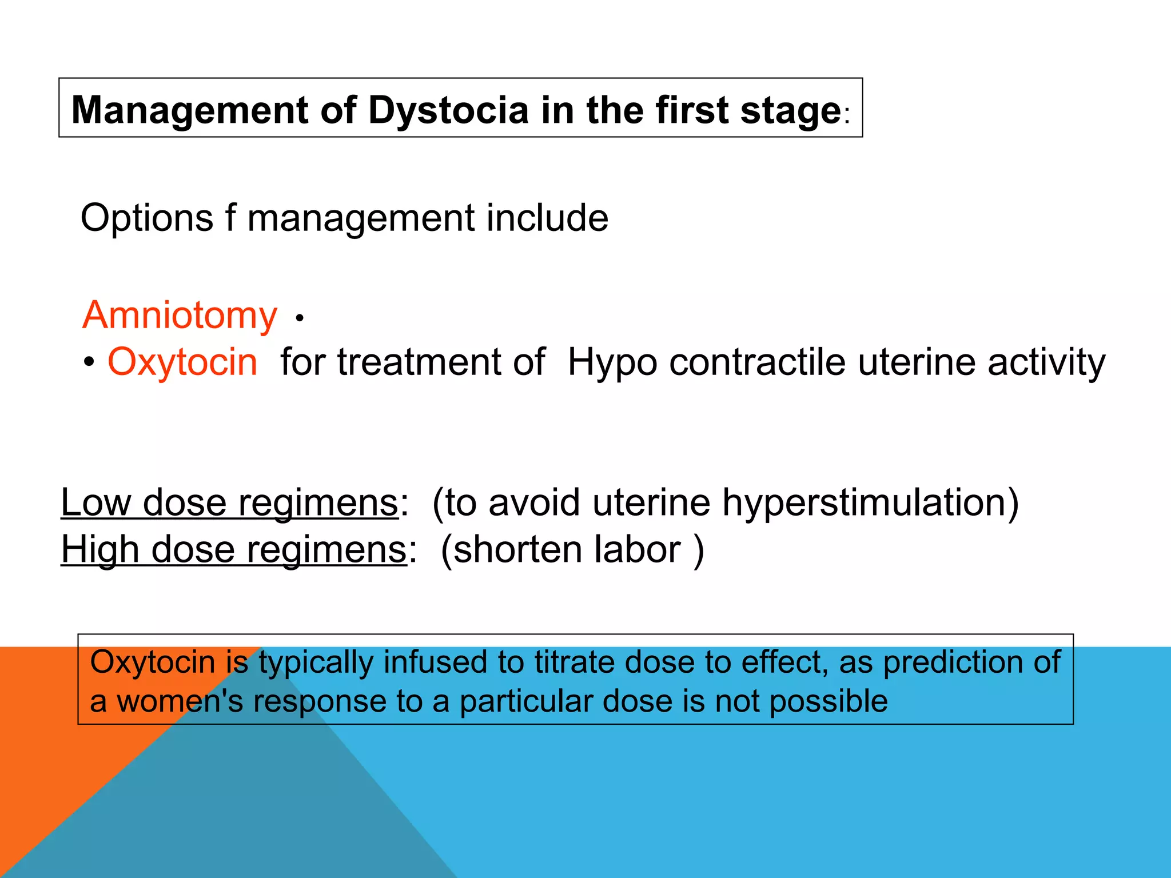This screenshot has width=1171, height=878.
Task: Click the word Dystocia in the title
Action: [x=448, y=110]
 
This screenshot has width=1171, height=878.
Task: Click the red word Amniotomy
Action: [x=180, y=315]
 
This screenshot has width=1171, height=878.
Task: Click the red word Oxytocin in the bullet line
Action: [x=182, y=362]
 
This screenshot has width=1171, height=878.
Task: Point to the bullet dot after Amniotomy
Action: [x=300, y=318]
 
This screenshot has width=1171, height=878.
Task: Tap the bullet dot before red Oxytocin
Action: [x=89, y=362]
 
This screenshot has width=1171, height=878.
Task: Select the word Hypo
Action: [x=613, y=363]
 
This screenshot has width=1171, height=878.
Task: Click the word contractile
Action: [x=758, y=362]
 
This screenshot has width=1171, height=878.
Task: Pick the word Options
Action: [x=147, y=218]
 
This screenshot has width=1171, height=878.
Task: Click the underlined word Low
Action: [x=95, y=502]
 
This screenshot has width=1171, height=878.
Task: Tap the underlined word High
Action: [x=100, y=549]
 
